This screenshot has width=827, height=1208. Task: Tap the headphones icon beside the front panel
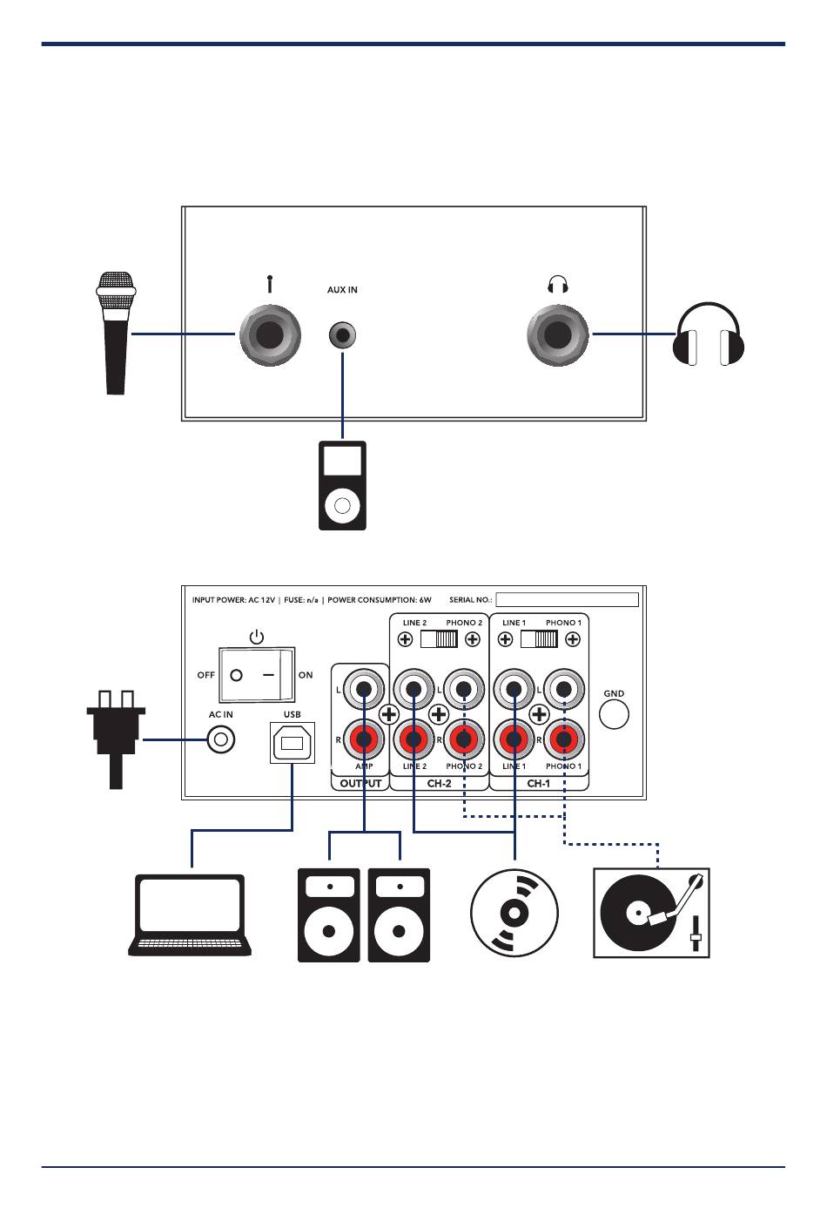[x=709, y=335]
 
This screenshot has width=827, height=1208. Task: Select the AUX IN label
[x=342, y=290]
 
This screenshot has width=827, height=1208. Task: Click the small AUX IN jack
[x=343, y=334]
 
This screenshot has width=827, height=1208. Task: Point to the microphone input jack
[x=270, y=334]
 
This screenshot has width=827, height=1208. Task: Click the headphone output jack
[x=558, y=334]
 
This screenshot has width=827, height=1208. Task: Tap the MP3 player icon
[x=342, y=485]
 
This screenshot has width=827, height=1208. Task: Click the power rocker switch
[x=257, y=674]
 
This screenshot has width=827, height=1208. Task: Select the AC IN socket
[x=221, y=740]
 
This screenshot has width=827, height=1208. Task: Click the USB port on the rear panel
[x=292, y=742]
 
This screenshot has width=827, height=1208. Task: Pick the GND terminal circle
[x=615, y=714]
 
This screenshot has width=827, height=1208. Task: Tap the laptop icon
[x=190, y=915]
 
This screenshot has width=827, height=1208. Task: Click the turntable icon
[x=651, y=913]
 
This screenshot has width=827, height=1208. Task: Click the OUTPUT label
[x=360, y=783]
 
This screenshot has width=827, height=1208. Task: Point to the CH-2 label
[x=439, y=783]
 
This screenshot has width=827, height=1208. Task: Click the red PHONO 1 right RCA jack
[x=563, y=740]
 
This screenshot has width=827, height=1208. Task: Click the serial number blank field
[x=567, y=599]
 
